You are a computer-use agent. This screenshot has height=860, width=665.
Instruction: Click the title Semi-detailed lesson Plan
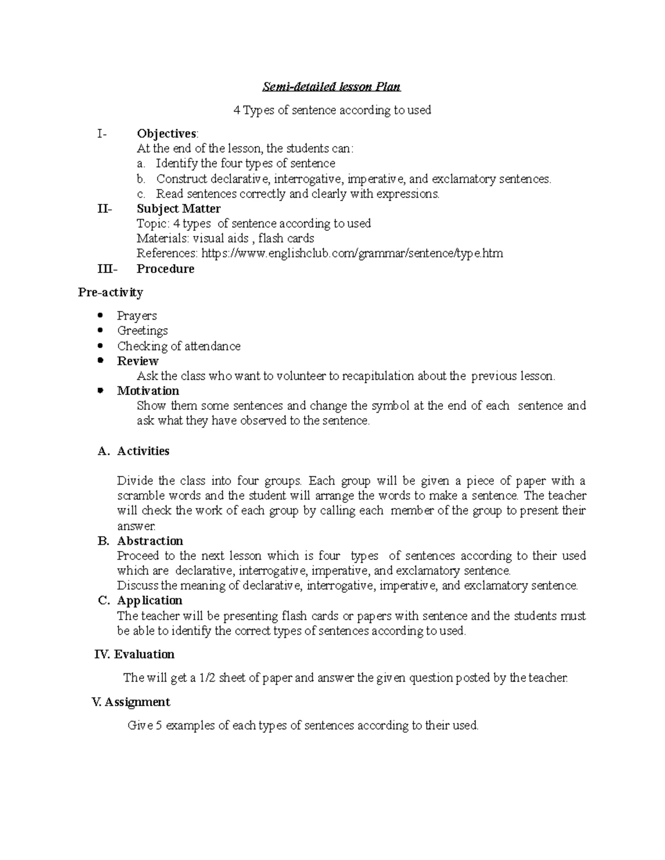331,87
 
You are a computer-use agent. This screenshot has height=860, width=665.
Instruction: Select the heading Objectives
166,133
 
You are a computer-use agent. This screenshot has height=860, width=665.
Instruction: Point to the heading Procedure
165,269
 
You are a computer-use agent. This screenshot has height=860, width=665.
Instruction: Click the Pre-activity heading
110,292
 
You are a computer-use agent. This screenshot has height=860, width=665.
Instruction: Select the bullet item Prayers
137,316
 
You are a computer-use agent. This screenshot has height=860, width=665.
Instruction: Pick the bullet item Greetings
142,331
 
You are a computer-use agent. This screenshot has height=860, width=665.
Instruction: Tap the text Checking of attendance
178,346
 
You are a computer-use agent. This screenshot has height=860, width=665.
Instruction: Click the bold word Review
137,361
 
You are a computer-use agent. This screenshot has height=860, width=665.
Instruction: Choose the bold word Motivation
148,391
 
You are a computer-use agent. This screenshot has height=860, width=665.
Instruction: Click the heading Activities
143,451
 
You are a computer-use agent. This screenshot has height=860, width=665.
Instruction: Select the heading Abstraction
150,541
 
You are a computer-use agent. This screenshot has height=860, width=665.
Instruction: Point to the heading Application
150,601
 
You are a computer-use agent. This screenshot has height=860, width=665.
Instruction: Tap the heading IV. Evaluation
135,655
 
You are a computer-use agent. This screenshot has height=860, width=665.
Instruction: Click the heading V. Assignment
131,702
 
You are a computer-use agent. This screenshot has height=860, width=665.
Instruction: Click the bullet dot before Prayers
100,316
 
